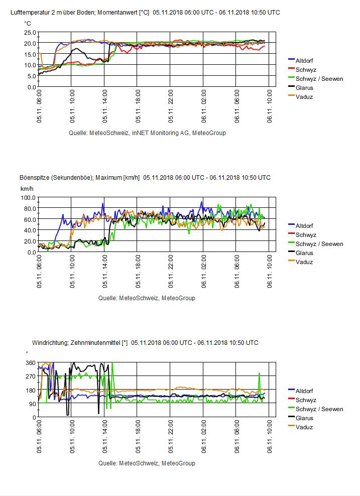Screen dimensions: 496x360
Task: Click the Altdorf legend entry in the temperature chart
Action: click(304, 61)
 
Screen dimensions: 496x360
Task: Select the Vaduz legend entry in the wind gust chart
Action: click(304, 262)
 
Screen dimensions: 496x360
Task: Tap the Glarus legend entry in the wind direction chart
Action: click(304, 418)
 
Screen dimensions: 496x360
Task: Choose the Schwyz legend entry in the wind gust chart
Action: click(306, 235)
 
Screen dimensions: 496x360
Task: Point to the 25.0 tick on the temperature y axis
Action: click(30, 32)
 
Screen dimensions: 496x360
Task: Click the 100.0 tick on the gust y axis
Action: click(29, 197)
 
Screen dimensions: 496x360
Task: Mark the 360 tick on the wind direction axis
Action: click(30, 362)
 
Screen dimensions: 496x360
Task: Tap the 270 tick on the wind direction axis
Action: click(30, 377)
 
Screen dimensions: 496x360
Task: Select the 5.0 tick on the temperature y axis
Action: click(31, 76)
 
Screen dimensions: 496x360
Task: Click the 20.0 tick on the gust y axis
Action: click(30, 241)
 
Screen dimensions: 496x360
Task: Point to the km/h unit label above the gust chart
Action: click(27, 188)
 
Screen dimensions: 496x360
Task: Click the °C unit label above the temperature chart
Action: click(27, 23)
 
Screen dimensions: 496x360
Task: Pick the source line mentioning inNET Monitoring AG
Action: click(147, 133)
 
